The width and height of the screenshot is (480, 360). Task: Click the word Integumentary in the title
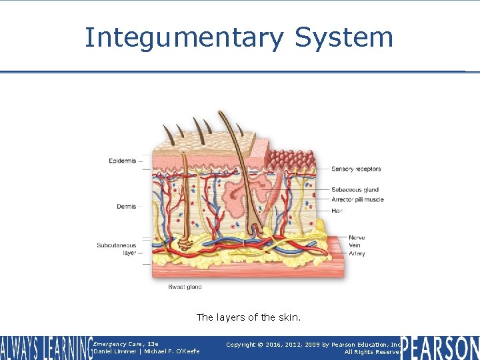184,38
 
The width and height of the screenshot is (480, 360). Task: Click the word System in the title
344,38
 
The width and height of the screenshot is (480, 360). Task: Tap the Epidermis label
122,161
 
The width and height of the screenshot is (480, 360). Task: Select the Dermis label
126,207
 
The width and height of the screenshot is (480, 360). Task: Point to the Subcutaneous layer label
117,249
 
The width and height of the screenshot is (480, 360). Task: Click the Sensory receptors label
356,169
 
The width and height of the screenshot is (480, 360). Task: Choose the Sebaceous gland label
355,190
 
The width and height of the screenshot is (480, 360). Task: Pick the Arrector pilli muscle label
357,199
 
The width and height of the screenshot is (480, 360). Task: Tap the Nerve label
357,238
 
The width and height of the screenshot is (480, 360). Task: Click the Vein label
355,245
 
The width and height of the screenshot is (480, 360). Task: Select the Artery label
357,253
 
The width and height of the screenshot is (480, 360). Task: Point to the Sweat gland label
185,287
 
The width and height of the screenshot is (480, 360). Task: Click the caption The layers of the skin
249,317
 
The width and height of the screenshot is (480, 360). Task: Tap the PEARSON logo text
439,348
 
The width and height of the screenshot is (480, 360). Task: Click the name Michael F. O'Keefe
171,351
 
